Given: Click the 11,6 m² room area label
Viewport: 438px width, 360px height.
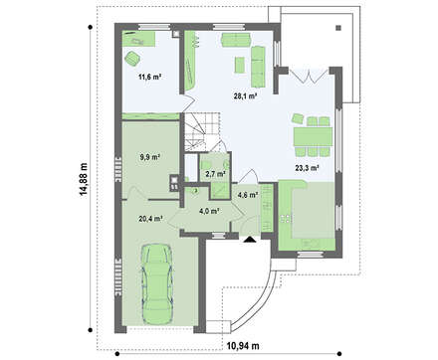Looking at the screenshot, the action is click(x=149, y=77).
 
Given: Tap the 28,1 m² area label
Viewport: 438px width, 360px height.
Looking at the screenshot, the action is click(x=245, y=96).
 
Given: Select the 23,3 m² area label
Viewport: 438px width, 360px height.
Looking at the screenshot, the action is click(x=307, y=168).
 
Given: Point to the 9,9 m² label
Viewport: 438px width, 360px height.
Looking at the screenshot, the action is click(x=150, y=157).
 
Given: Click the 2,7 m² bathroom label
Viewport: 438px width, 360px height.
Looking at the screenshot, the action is click(x=216, y=174).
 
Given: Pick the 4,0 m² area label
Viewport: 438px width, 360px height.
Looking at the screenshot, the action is click(x=211, y=211).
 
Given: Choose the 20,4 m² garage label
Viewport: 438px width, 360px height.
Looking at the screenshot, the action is click(x=150, y=218).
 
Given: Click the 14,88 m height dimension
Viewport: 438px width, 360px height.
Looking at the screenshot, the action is click(x=84, y=179).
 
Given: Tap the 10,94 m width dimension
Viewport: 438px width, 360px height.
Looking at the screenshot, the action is click(x=243, y=346).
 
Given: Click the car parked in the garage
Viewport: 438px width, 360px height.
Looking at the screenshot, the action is click(x=157, y=283).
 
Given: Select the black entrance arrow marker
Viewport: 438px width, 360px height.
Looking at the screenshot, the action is click(x=249, y=240).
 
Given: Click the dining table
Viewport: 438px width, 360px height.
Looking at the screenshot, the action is click(x=313, y=136).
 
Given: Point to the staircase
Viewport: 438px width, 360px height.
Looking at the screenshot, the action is click(x=201, y=131).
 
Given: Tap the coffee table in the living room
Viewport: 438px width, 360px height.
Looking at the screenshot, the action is click(x=240, y=65).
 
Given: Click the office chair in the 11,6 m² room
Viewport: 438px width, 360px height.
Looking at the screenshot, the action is click(x=132, y=59).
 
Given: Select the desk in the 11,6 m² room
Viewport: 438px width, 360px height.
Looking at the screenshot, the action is click(x=139, y=39).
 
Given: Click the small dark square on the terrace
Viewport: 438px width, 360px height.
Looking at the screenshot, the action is click(x=338, y=28).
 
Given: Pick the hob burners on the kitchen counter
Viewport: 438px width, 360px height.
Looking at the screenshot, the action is click(x=286, y=218).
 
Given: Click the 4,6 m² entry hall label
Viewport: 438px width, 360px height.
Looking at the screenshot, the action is click(x=248, y=195).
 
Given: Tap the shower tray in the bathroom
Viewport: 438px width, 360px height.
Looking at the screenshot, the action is click(x=219, y=191).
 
